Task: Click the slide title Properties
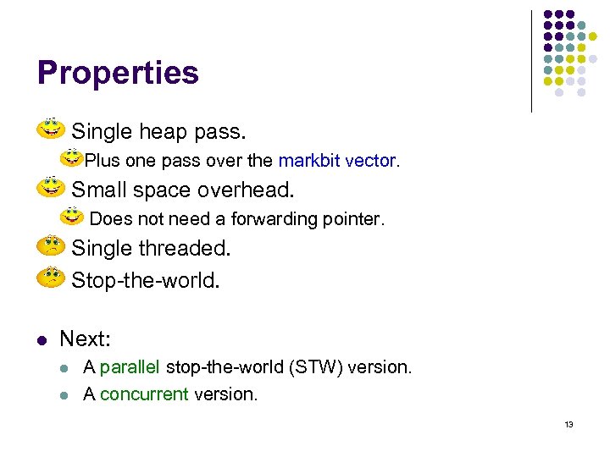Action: click(118, 73)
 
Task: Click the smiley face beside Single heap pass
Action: click(52, 129)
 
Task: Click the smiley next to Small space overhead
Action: click(52, 187)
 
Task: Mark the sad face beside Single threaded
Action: click(52, 246)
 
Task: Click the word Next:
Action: click(86, 339)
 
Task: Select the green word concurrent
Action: click(144, 394)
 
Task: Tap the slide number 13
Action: click(568, 424)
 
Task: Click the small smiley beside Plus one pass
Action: click(73, 159)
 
